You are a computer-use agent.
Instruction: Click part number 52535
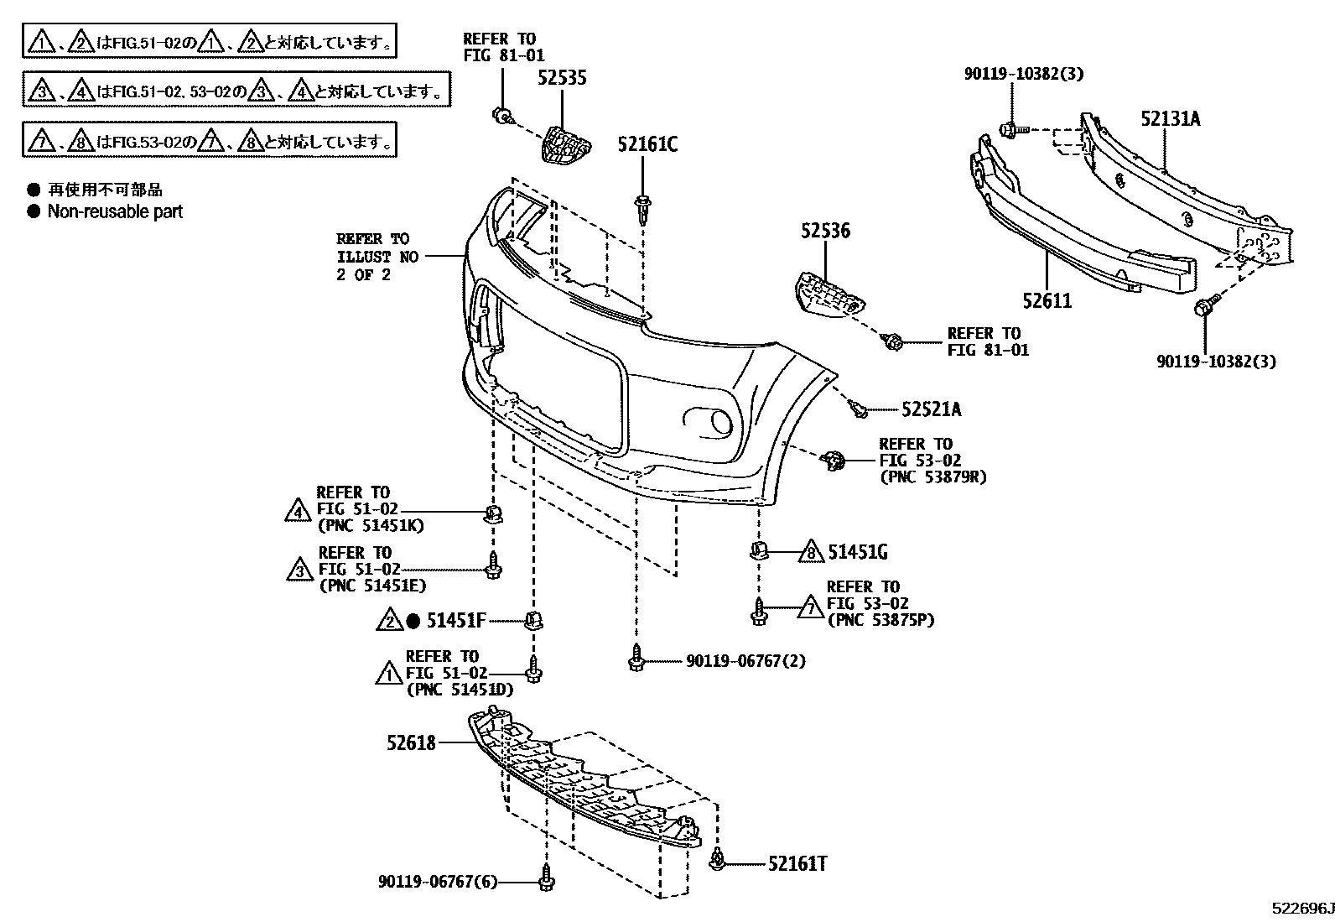pos(562,78)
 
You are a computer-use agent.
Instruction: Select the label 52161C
pos(647,144)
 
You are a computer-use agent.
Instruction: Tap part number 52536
pos(824,231)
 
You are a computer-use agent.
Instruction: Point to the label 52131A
pos(1170,119)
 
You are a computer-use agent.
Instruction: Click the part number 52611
pos(1047,300)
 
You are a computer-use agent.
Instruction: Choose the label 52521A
pos(932,409)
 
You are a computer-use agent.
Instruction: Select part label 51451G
pos(858,552)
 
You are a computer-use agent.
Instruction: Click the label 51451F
pos(456,621)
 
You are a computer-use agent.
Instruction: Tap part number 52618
pos(411,742)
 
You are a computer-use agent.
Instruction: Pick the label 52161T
pos(797,863)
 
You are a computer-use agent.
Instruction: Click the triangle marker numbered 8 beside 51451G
pos(810,552)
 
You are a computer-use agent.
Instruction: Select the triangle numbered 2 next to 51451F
pos(390,622)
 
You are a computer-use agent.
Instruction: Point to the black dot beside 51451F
pos(413,622)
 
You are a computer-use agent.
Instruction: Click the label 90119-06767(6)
pos(437,882)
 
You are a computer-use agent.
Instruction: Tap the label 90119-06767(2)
pos(745,661)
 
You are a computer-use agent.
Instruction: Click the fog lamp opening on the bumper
pos(709,421)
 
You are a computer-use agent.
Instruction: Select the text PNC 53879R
pos(933,477)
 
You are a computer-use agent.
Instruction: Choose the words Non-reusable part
pos(115,211)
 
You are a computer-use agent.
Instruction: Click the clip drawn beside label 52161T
pos(718,858)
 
